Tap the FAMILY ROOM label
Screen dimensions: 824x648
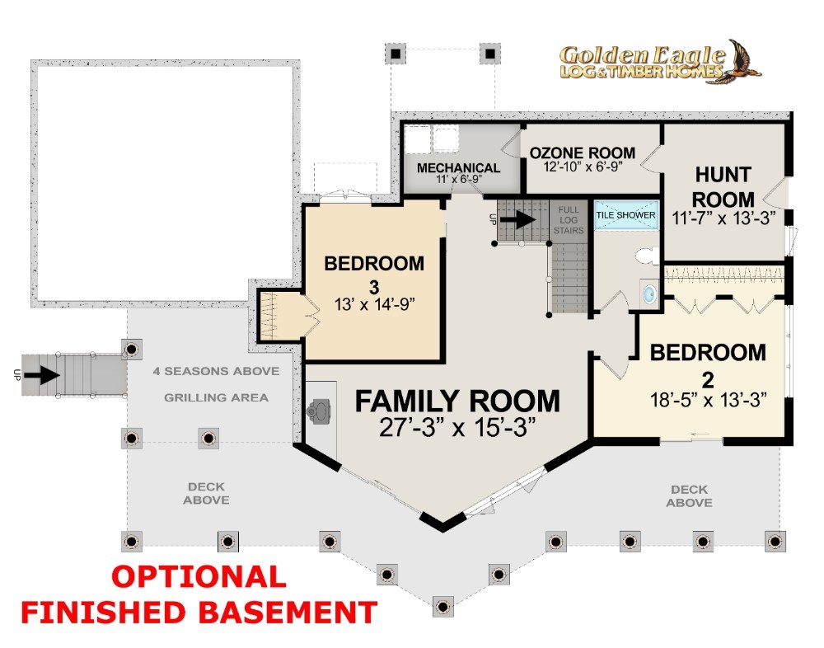(457, 401)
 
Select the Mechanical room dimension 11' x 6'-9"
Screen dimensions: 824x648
(459, 180)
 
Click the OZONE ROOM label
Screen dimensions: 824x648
(583, 153)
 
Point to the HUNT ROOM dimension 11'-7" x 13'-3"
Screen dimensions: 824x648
(723, 218)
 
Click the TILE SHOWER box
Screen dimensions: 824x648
(626, 214)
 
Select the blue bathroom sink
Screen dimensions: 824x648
(650, 293)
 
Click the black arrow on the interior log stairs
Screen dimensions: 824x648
(517, 219)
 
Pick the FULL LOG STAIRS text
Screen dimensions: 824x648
(569, 220)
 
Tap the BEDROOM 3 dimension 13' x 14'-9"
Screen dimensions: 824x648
(375, 304)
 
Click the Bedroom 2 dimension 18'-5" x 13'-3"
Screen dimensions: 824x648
(708, 401)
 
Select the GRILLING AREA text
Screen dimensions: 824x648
(216, 397)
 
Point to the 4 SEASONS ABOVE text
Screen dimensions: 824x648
(216, 371)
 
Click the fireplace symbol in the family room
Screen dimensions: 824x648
(320, 411)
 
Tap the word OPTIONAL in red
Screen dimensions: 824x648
(199, 576)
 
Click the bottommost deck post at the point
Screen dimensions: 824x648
(442, 607)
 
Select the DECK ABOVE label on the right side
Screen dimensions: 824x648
(689, 496)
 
